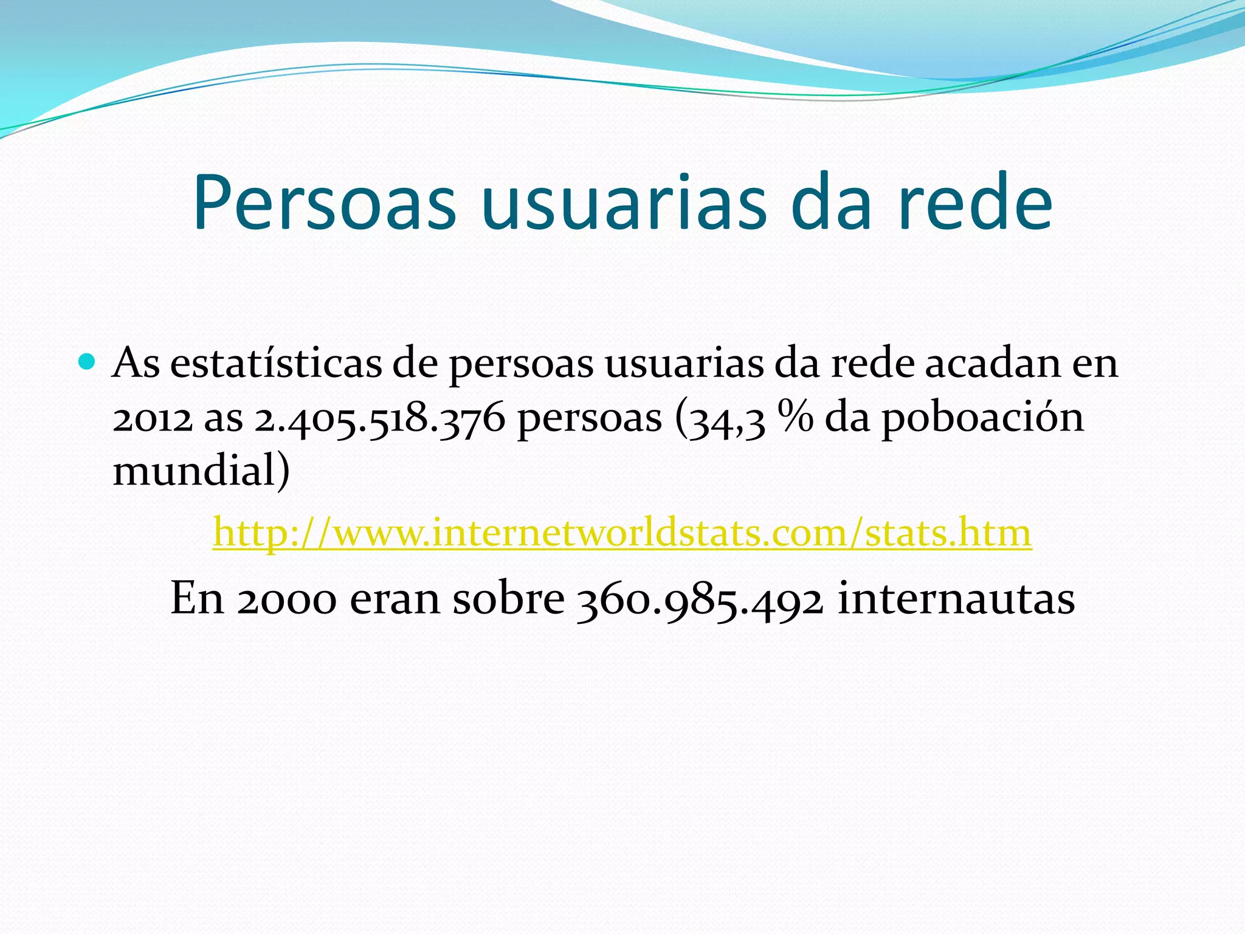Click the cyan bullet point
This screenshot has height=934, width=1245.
click(x=88, y=363)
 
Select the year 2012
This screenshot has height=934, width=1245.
click(x=153, y=419)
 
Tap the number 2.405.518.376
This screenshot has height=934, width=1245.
click(x=379, y=419)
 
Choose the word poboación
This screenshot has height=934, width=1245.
click(x=982, y=419)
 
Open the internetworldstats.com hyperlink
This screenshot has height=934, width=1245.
click(x=622, y=533)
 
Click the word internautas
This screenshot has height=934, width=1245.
click(x=956, y=598)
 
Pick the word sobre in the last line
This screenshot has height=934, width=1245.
click(x=508, y=598)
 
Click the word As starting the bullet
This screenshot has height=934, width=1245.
click(x=136, y=364)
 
